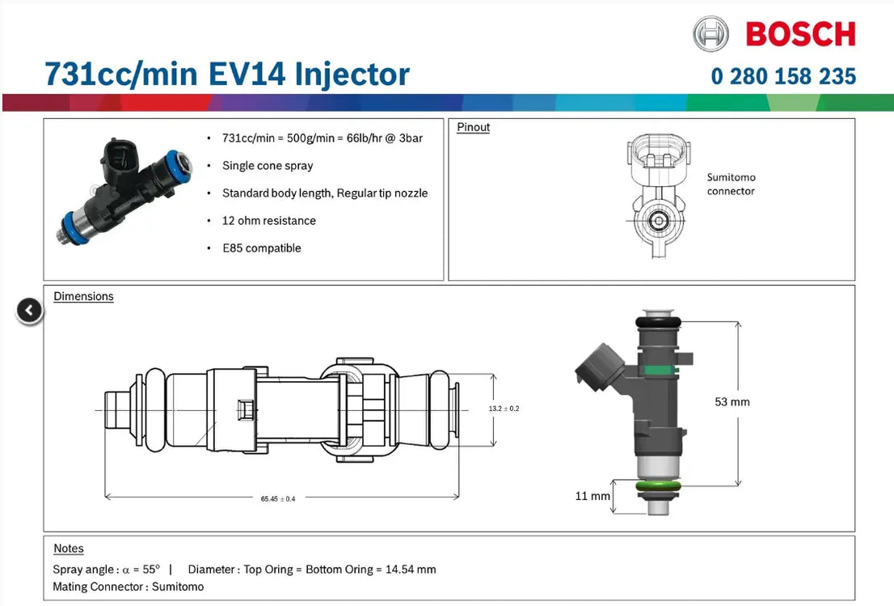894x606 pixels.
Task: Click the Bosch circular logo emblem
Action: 711,34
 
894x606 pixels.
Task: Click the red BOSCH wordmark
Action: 799,34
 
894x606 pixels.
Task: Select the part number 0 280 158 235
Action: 782,76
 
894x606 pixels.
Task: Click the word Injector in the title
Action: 352,74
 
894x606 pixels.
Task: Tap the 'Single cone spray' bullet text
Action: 268,165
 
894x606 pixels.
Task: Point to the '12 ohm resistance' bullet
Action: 269,220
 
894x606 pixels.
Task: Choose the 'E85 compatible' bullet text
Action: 261,248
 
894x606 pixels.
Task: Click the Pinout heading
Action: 473,127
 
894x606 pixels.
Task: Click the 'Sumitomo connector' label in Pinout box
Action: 731,184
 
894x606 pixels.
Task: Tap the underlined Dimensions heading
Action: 83,296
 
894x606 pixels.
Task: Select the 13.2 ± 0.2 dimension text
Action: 504,409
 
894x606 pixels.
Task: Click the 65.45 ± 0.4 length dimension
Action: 278,498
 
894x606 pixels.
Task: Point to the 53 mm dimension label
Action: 732,401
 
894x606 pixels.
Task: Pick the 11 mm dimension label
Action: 592,496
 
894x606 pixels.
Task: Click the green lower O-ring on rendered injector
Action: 658,486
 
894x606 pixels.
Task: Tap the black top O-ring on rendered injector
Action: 659,322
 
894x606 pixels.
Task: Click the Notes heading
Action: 69,549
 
